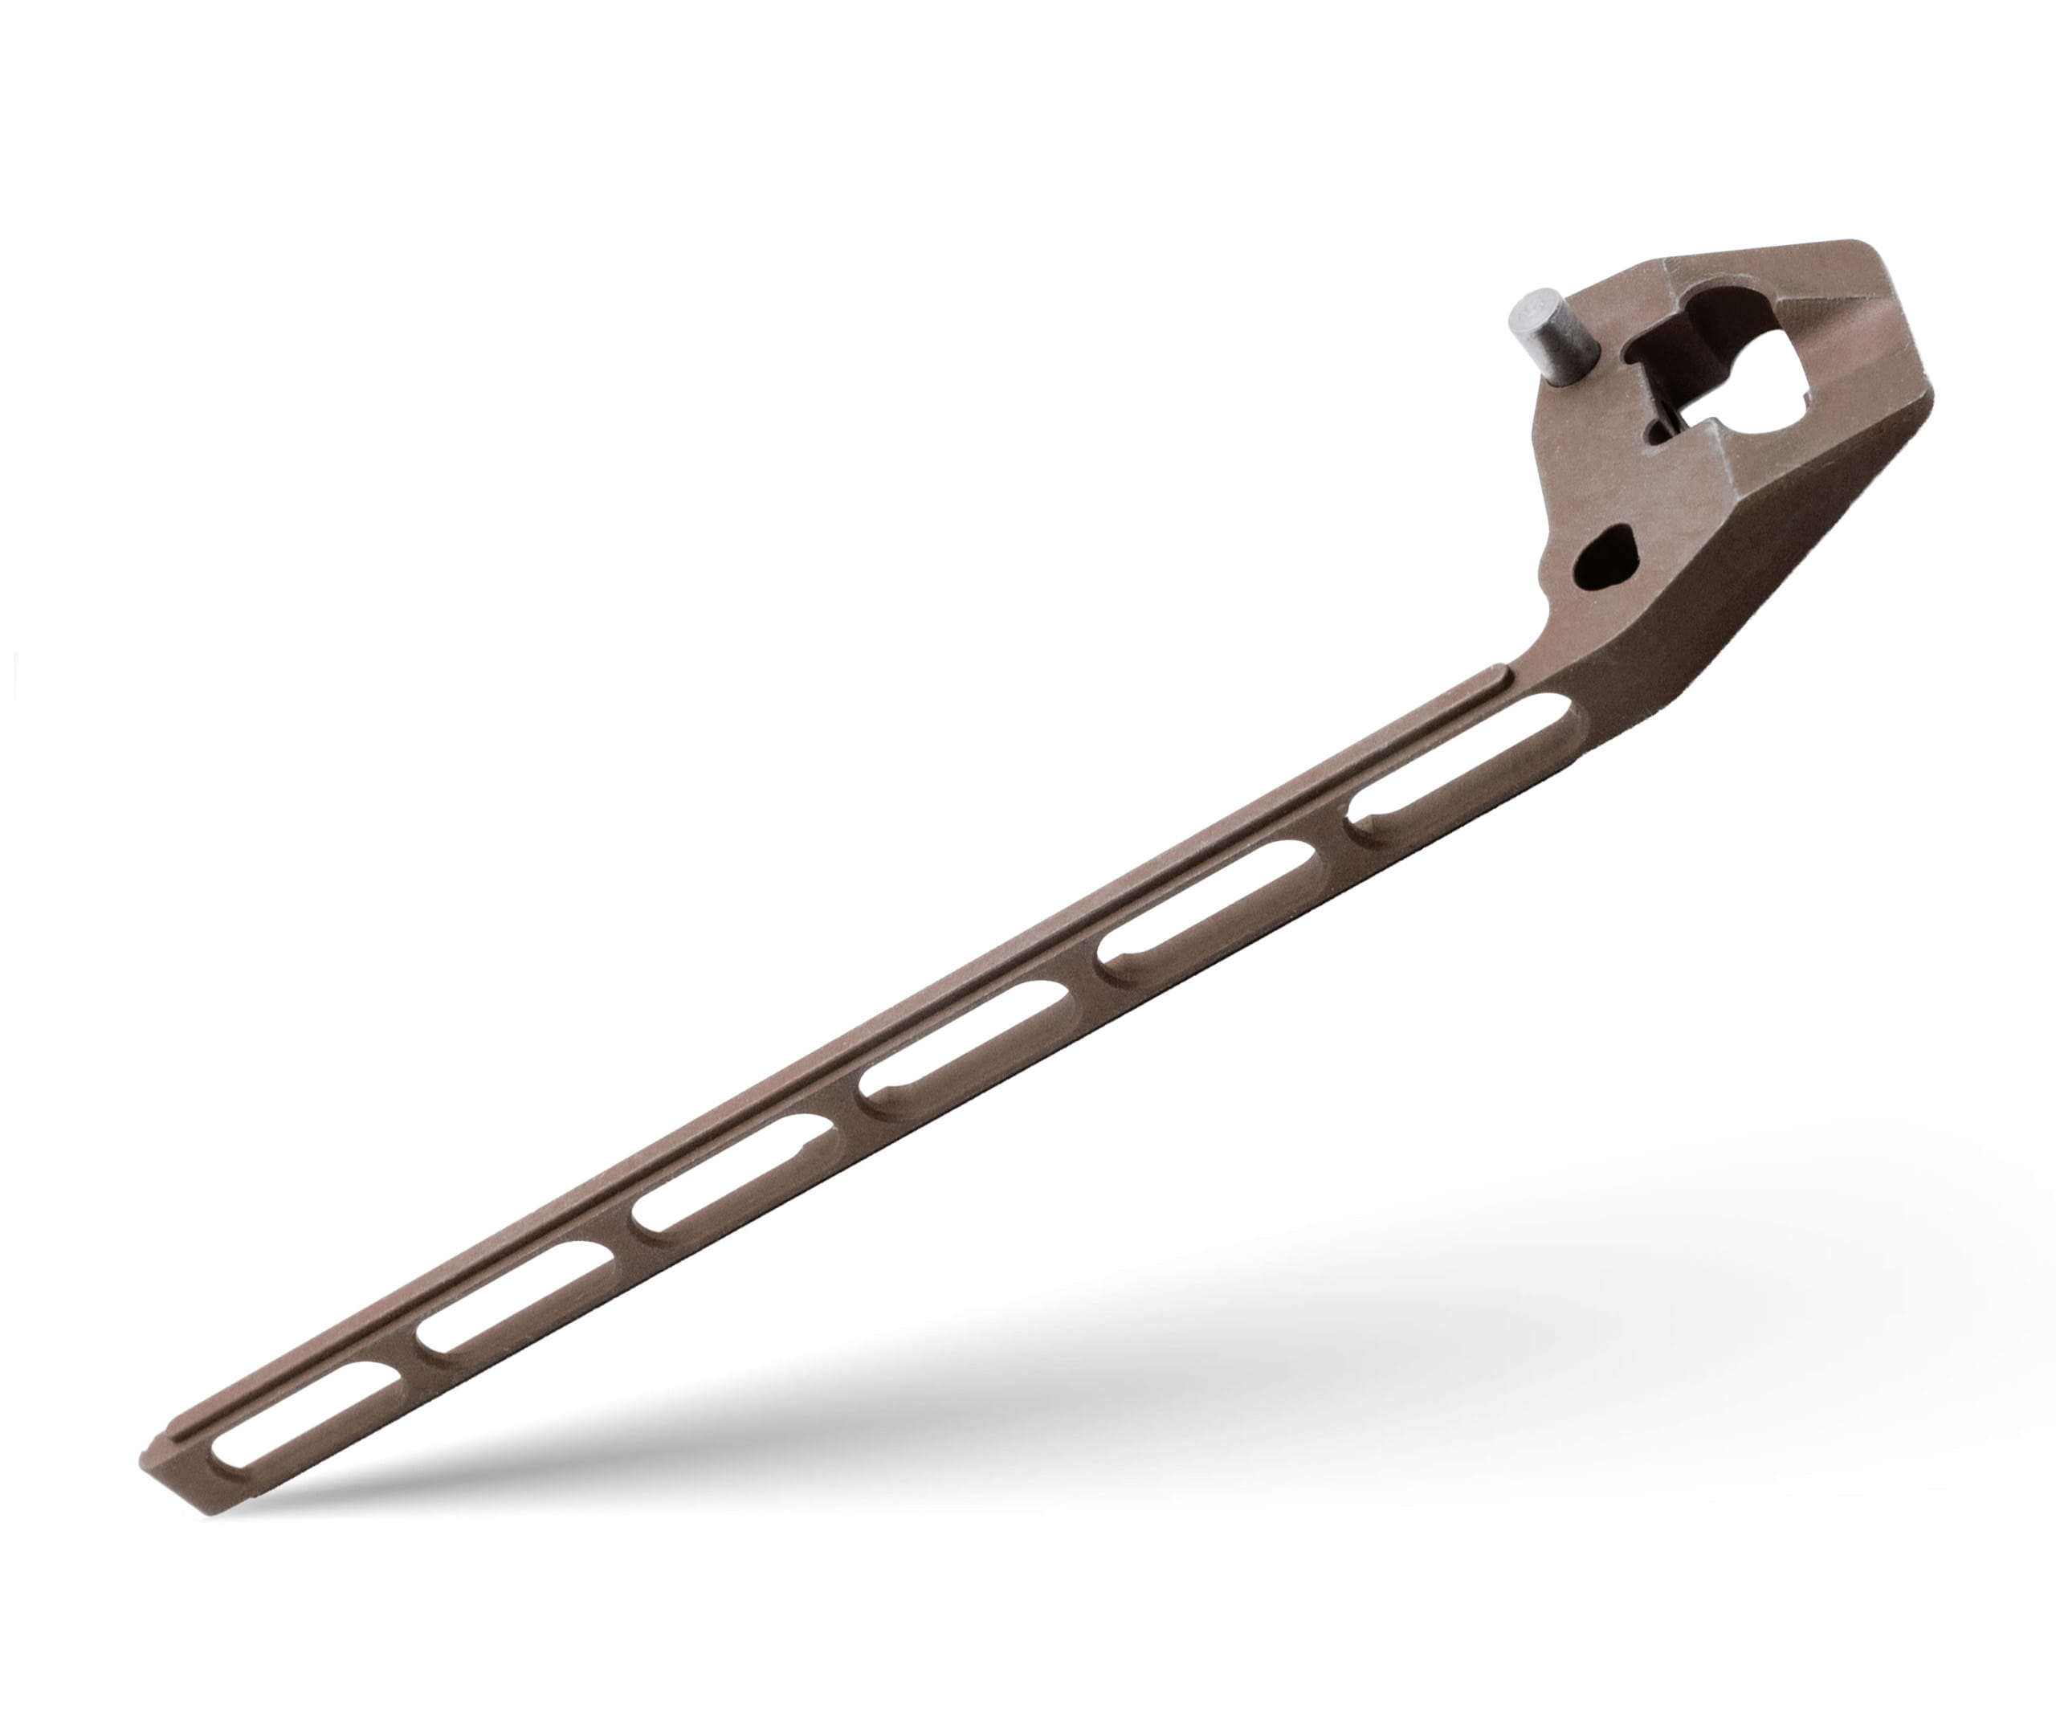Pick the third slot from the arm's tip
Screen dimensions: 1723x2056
coord(734,1172)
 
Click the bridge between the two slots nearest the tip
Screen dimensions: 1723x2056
coord(410,1356)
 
